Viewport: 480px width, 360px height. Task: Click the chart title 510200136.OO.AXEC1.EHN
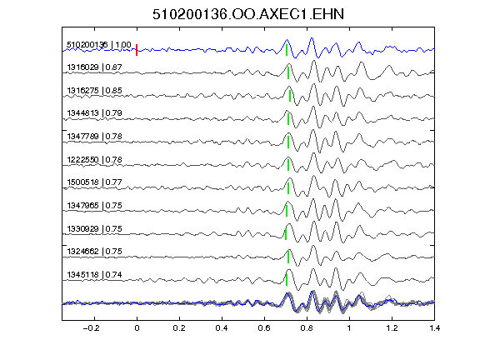pyautogui.click(x=248, y=14)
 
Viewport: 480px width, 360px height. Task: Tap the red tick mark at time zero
pyautogui.click(x=137, y=50)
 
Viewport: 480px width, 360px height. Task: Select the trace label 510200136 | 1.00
pyautogui.click(x=99, y=45)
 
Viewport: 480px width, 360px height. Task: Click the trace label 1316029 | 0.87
pyautogui.click(x=95, y=67)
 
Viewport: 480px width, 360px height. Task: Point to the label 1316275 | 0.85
pyautogui.click(x=95, y=91)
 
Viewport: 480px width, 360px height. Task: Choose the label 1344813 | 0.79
pyautogui.click(x=95, y=113)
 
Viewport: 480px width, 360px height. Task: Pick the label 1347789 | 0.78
pyautogui.click(x=95, y=137)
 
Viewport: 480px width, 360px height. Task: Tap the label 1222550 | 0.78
pyautogui.click(x=95, y=160)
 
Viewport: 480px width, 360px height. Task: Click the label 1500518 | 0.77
pyautogui.click(x=95, y=182)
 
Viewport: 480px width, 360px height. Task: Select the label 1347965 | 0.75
pyautogui.click(x=95, y=205)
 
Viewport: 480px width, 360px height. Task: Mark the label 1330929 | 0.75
pyautogui.click(x=95, y=229)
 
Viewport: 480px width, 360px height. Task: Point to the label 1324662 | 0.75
pyautogui.click(x=95, y=252)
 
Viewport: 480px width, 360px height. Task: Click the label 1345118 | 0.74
pyautogui.click(x=95, y=275)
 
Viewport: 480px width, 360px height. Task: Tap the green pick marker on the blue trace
pyautogui.click(x=287, y=50)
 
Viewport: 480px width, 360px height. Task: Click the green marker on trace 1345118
pyautogui.click(x=287, y=280)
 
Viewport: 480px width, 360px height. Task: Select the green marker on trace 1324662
pyautogui.click(x=288, y=257)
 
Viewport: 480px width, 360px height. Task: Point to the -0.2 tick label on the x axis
pyautogui.click(x=92, y=328)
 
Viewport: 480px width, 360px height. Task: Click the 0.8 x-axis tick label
pyautogui.click(x=307, y=328)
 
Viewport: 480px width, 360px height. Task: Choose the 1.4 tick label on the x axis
pyautogui.click(x=435, y=328)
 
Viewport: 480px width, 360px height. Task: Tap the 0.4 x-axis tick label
pyautogui.click(x=222, y=328)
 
